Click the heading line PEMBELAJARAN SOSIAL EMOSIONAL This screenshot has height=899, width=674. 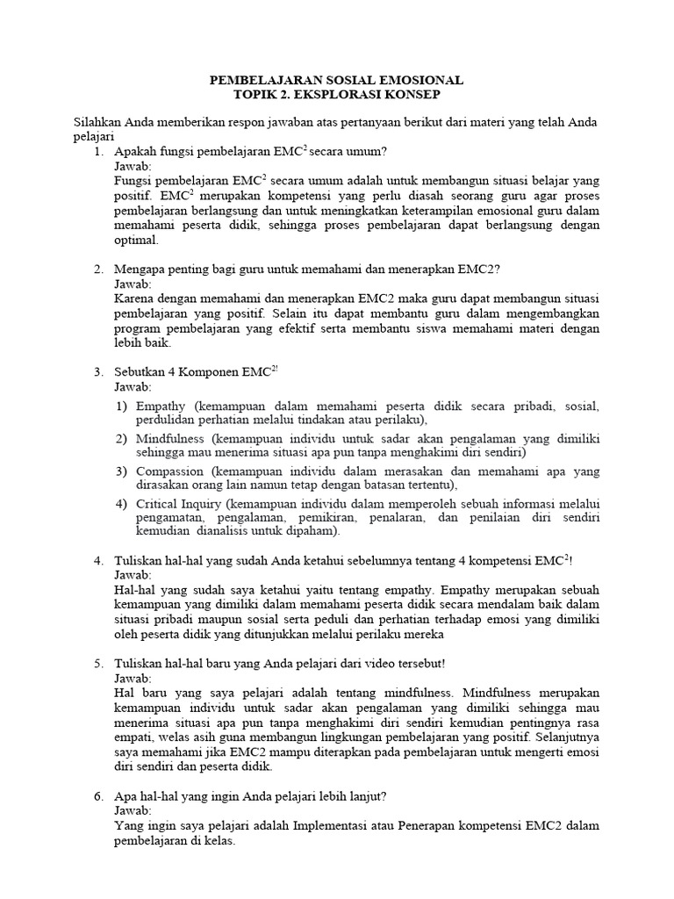337,80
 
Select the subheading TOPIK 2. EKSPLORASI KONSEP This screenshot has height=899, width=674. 337,94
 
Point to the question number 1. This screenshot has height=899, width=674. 98,151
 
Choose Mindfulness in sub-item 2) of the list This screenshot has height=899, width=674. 170,437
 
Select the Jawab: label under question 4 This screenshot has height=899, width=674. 133,574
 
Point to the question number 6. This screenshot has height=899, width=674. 98,796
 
